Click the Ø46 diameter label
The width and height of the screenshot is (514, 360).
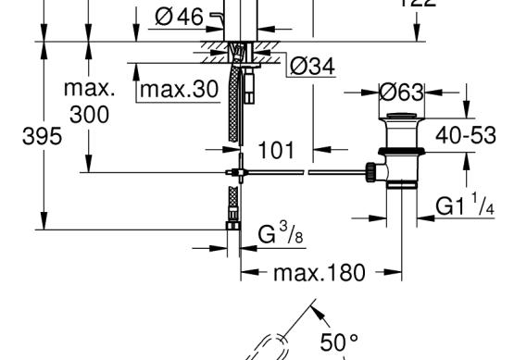(x=179, y=17)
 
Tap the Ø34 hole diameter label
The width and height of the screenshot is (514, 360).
(x=312, y=66)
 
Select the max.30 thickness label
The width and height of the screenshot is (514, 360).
(x=179, y=89)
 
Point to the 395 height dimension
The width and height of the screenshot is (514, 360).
(x=42, y=136)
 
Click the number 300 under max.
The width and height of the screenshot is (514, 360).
(x=89, y=115)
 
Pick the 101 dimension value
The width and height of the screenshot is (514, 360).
(x=276, y=150)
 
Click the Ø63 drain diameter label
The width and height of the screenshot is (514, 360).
(x=402, y=93)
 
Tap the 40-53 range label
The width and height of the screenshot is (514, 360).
(x=466, y=135)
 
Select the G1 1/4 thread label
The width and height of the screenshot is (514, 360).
(x=465, y=205)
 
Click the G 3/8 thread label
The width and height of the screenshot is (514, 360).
(x=281, y=232)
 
